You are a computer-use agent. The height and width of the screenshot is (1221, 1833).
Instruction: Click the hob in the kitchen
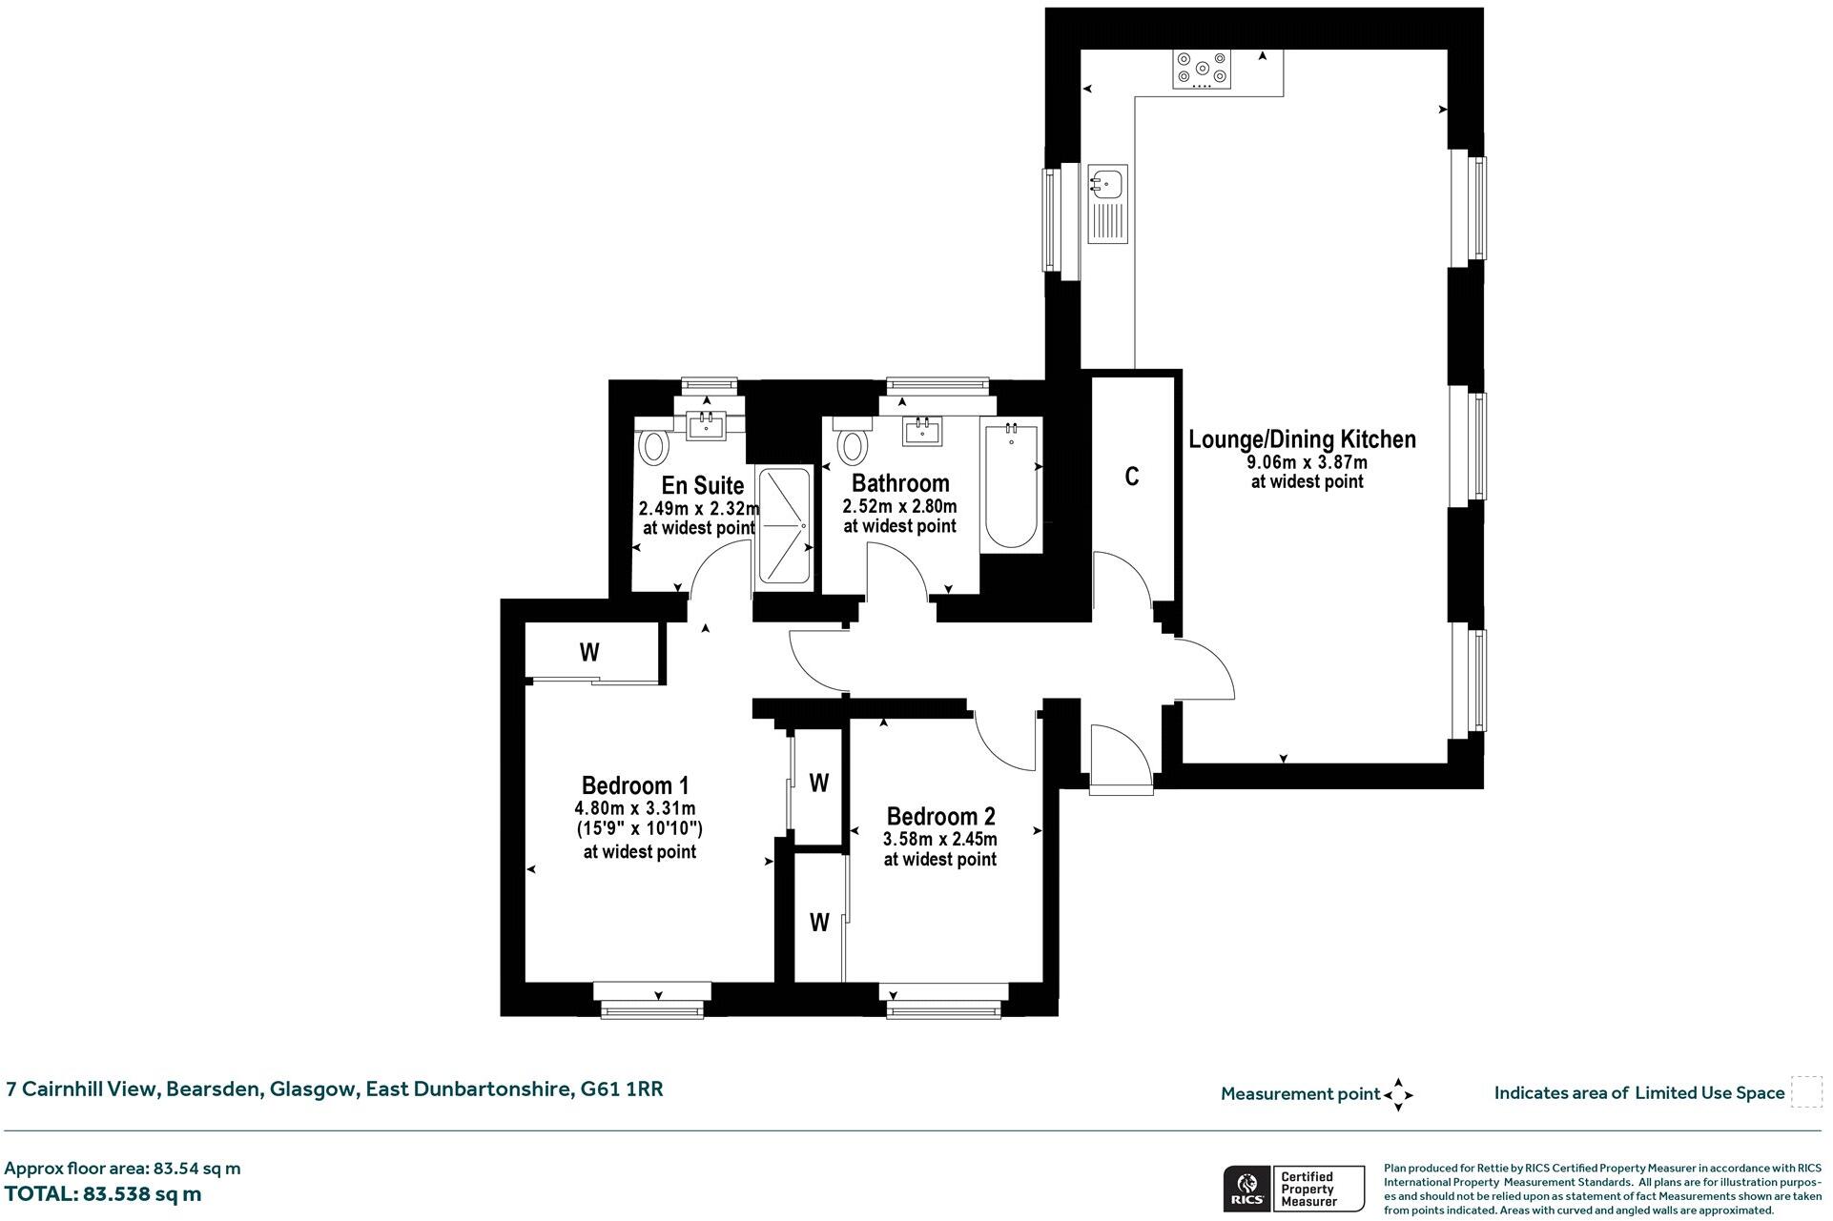(x=1202, y=69)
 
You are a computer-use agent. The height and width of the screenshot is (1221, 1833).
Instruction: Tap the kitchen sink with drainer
(x=1107, y=204)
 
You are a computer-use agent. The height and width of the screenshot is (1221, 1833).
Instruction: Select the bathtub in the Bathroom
(x=1011, y=485)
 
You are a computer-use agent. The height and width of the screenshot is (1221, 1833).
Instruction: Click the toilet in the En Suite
(x=653, y=445)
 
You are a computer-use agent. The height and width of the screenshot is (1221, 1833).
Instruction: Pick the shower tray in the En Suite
(x=784, y=525)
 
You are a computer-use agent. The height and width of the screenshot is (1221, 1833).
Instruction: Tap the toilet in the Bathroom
(x=852, y=445)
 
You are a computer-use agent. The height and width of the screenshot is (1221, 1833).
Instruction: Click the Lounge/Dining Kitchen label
(x=1302, y=439)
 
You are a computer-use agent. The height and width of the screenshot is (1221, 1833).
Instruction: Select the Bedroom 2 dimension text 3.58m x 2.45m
(x=939, y=840)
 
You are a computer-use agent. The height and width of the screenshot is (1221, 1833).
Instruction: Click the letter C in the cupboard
(x=1131, y=477)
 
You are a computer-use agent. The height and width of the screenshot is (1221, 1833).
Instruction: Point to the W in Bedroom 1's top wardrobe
(x=589, y=653)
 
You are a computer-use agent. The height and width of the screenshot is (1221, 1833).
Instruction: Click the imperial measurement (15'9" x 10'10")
(x=639, y=828)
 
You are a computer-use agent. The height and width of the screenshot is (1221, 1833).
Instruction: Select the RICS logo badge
(x=1246, y=1189)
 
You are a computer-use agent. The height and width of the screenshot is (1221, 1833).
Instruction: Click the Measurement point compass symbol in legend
(x=1398, y=1094)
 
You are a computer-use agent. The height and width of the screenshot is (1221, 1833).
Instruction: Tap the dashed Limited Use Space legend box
(x=1805, y=1092)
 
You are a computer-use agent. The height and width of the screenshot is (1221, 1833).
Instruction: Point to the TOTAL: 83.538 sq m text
(x=103, y=1194)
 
